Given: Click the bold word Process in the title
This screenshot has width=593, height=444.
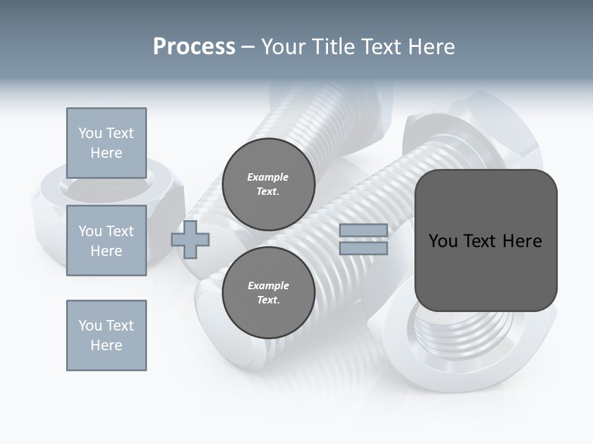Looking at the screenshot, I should coord(194,47).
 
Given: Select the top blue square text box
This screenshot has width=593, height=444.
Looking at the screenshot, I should coord(106,143).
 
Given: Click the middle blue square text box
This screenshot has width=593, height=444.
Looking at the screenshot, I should coord(106,240).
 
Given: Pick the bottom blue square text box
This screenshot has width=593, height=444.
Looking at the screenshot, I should coord(106,335).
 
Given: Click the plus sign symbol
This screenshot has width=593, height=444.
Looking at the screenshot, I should coord(190,239).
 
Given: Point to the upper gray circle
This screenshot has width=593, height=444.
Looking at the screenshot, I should coord(268,184).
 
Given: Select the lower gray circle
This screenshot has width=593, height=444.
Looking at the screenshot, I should coord(268,293).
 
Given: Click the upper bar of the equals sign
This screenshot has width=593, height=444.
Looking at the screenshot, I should coord(363,230).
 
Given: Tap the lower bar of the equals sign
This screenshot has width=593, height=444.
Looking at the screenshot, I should coord(363,249).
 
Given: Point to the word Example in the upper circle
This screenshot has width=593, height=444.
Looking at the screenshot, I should coord(268,177).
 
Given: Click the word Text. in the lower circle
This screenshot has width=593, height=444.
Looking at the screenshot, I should coord(268,300).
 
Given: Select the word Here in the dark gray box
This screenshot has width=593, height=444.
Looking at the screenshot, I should coord(523,241).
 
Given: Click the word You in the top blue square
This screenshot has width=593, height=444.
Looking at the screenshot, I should coord(90,133).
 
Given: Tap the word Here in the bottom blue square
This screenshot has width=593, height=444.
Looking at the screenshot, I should coord(106,345).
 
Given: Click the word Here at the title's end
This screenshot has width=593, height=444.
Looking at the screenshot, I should coord(431,47).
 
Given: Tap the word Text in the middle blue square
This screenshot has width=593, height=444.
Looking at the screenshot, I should coord(120,231).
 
